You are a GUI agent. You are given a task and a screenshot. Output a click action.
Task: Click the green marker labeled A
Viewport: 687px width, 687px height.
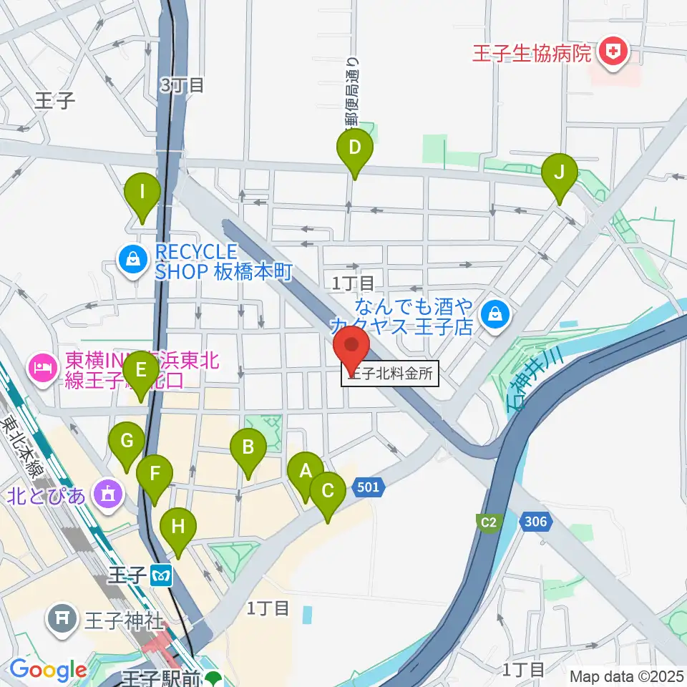[x=306, y=472]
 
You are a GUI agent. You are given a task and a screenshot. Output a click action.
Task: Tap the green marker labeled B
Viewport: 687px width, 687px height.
[x=248, y=449]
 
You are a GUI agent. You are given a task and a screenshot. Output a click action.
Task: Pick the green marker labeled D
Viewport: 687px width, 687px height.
[x=355, y=149]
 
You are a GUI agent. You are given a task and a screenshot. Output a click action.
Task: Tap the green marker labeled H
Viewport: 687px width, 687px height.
[x=178, y=528]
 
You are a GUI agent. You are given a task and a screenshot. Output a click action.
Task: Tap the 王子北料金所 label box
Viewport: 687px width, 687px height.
[x=390, y=375]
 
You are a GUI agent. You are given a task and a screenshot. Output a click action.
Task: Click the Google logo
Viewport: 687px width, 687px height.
[x=48, y=671]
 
